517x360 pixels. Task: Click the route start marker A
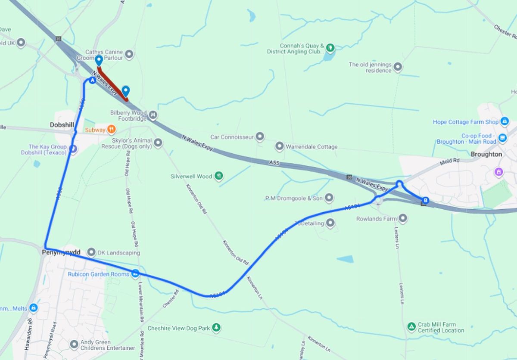(92, 81)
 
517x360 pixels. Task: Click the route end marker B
(426, 200)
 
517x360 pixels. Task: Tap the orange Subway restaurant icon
(111, 128)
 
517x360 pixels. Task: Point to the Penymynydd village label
(61, 252)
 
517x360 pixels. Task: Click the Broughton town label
(486, 154)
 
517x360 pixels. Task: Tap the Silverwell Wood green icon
(219, 176)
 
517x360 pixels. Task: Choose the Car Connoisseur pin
(260, 137)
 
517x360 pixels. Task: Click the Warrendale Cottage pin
(279, 146)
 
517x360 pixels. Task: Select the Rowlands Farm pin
(403, 219)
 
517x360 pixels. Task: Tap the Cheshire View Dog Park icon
(216, 328)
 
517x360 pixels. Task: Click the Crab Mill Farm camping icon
(411, 327)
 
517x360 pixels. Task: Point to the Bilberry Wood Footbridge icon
(153, 115)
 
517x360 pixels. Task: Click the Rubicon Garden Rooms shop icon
(135, 273)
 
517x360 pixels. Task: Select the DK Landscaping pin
(91, 252)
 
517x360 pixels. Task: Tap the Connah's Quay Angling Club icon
(330, 47)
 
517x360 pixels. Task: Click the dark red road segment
(113, 84)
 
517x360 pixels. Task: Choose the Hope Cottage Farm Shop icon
(505, 122)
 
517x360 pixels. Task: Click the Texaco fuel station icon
(73, 149)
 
